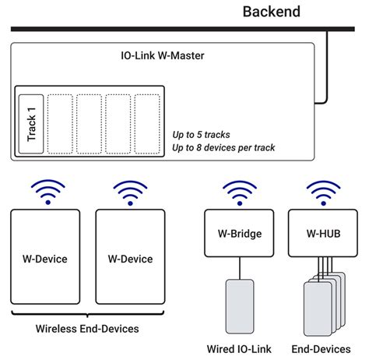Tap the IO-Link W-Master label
click(162, 58)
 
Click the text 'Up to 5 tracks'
click(206, 133)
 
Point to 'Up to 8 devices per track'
click(224, 147)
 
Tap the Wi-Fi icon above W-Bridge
click(240, 192)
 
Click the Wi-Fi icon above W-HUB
click(323, 192)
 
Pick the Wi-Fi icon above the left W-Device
click(47, 192)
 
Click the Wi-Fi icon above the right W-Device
click(130, 192)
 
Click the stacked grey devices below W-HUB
click(321, 305)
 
